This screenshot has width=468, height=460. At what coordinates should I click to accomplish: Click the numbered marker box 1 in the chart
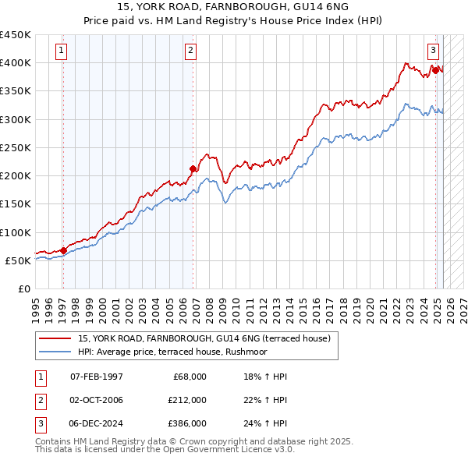(62, 51)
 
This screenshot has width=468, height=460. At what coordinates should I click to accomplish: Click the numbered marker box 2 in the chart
(190, 51)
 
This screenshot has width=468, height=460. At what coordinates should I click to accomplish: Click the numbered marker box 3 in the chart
(433, 51)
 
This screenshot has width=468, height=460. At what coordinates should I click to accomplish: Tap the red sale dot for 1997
(63, 250)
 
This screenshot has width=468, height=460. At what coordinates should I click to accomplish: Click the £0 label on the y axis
(25, 289)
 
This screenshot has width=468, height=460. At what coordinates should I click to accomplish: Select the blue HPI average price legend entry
(183, 352)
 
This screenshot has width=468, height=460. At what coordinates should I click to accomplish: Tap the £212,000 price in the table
(187, 400)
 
